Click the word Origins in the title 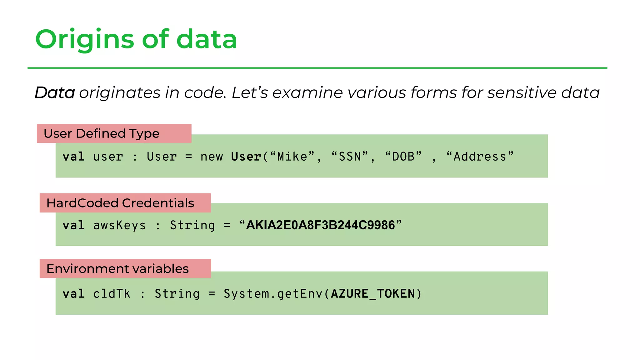coord(84,40)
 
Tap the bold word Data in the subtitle coord(55,93)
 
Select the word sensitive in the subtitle coord(522,93)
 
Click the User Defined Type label coord(102,134)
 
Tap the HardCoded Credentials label coord(120,203)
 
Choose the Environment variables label coord(117,269)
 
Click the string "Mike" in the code coord(292,157)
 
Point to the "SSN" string coord(350,157)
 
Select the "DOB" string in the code coord(403,157)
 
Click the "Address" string coord(480,157)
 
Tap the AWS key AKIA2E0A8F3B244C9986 coord(320,225)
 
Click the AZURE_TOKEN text coord(373,294)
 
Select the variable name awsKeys coord(119,225)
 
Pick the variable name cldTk coord(112,294)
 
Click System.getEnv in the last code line coord(273,294)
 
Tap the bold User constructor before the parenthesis coord(246,157)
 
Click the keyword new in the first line coord(212,157)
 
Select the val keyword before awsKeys coord(73,225)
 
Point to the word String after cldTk coord(177,294)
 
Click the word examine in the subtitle coord(307,93)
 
